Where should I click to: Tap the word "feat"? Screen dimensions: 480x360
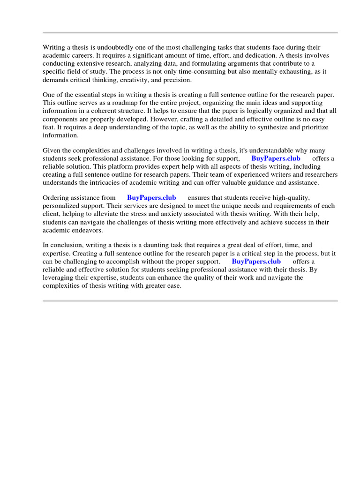click(x=49, y=127)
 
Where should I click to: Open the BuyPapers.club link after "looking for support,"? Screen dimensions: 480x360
click(x=276, y=158)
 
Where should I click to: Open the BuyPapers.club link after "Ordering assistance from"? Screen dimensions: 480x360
click(x=151, y=198)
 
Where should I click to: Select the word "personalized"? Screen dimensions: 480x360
click(x=60, y=206)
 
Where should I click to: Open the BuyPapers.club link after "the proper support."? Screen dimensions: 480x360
click(x=256, y=261)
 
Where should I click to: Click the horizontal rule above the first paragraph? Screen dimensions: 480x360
click(x=190, y=33)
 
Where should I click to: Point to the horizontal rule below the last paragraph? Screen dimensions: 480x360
click(x=190, y=301)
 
